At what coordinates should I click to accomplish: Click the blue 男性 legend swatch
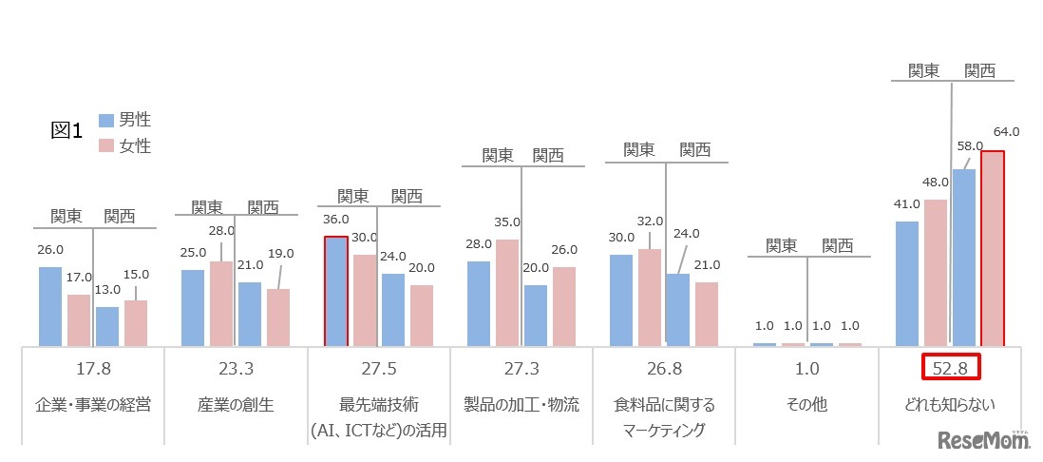[105, 121]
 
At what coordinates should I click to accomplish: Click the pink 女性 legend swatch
[105, 146]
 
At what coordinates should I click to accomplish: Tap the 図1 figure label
[67, 131]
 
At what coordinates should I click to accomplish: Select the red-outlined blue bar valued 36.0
[335, 291]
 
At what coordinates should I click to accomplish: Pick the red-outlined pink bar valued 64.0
[993, 248]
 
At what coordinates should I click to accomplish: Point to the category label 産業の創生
[237, 404]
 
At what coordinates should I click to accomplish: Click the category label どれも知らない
[950, 404]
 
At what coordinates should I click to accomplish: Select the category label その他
[807, 404]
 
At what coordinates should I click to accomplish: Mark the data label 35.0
[507, 222]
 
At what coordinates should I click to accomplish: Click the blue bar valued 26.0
[50, 306]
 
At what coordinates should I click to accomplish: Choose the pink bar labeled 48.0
[936, 272]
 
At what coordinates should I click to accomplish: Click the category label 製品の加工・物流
[521, 404]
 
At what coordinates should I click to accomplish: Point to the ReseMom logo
[984, 440]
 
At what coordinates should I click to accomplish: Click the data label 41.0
[907, 203]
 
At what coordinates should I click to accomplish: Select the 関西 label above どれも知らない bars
[979, 69]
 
